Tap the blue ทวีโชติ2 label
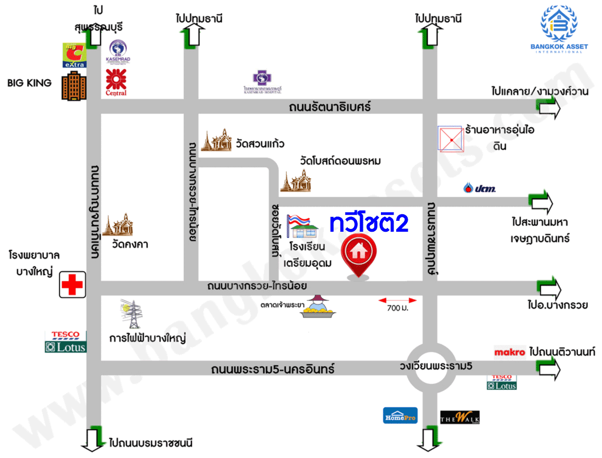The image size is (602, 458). point(369,223)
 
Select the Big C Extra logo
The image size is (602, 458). point(74,56)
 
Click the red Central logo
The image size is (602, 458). point(116,83)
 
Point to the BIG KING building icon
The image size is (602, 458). point(73,86)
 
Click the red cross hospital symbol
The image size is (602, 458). point(72,285)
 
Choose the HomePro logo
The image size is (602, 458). point(400,415)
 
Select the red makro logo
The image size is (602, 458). point(510,353)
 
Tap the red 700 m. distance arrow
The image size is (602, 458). point(397,300)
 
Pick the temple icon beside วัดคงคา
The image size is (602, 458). point(118,225)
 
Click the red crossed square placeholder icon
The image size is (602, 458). point(450,139)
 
